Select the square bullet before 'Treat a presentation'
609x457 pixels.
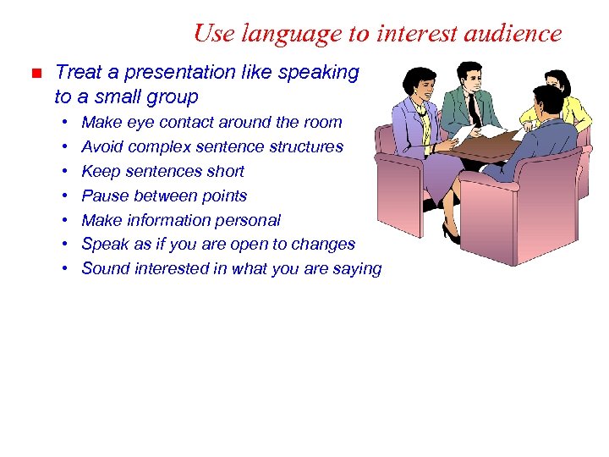point(35,74)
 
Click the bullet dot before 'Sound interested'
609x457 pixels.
point(65,269)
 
